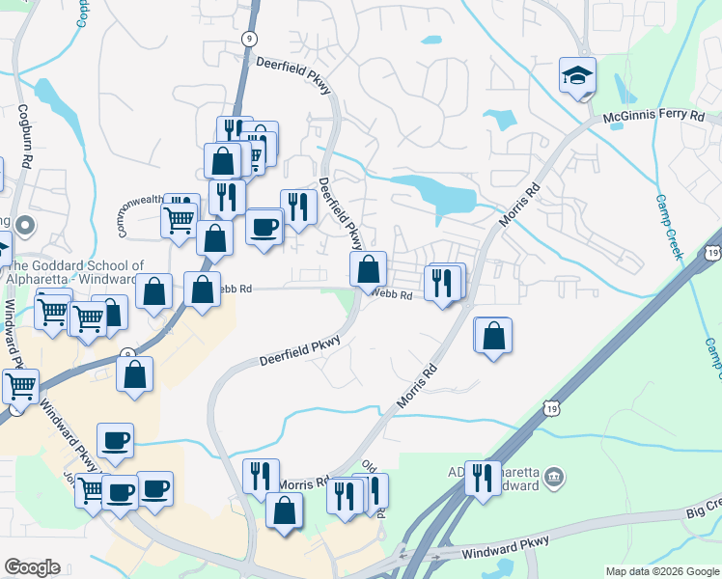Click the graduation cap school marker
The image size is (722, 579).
point(577,75)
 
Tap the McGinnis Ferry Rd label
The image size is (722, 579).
point(655,115)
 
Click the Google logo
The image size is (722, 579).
point(32,567)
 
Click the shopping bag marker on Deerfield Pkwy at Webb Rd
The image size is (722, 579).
point(368,269)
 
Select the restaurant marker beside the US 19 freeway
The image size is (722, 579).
point(483,477)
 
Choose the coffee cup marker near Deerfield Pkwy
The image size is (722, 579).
point(264,227)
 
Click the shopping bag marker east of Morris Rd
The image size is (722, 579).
point(493,336)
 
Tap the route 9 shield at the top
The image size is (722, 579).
point(249,38)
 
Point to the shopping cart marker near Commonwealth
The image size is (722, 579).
point(180,220)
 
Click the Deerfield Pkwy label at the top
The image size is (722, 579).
point(293,74)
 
